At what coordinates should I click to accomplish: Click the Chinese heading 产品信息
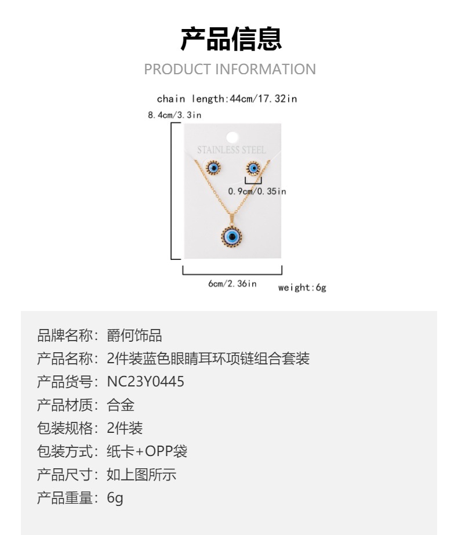click(231, 38)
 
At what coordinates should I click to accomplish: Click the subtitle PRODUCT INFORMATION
click(230, 70)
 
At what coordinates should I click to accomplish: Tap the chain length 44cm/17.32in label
click(227, 99)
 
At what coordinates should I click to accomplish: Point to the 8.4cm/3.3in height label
click(175, 115)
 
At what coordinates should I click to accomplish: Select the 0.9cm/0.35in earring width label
click(257, 191)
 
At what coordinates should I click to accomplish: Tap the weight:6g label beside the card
click(302, 288)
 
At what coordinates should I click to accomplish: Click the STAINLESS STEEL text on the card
click(231, 150)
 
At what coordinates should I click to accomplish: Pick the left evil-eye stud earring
click(213, 168)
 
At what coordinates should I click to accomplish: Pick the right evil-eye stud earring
click(253, 168)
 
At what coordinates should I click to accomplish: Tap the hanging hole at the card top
click(232, 137)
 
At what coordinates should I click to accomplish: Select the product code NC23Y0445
click(146, 382)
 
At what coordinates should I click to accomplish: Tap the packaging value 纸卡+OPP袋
click(147, 451)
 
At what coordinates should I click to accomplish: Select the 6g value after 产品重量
click(115, 498)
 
